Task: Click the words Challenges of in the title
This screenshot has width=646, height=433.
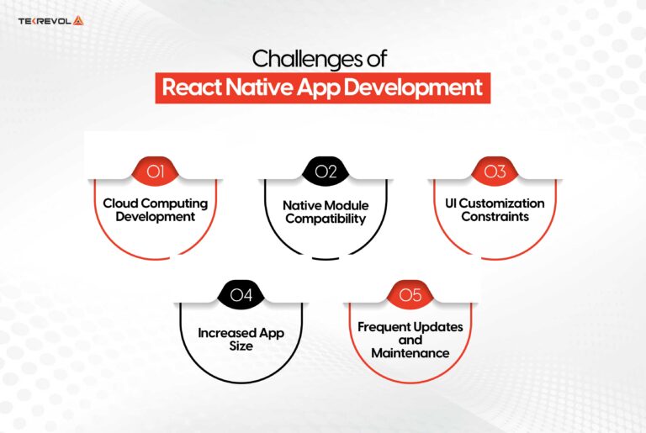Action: pos(322,60)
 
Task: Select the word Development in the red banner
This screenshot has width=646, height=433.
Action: pos(421,87)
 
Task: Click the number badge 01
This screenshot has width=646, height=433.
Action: pos(155,172)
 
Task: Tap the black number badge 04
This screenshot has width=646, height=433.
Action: pos(241,294)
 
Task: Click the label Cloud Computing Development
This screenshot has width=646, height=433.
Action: pos(155,210)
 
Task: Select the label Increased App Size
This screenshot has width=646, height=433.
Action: pos(241,339)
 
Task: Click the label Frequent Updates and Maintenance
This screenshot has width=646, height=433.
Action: pos(410,340)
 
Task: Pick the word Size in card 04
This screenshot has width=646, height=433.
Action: pos(241,346)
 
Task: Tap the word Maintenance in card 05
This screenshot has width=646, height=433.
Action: pos(410,353)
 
